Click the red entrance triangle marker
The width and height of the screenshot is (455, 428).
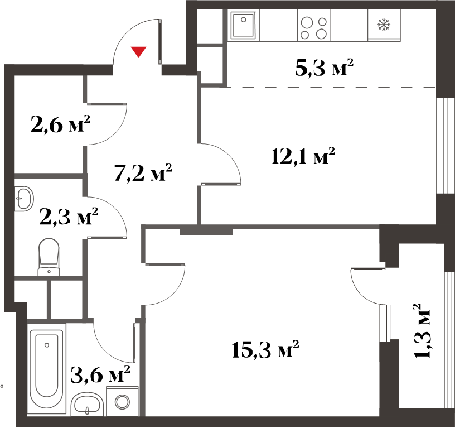(138, 52)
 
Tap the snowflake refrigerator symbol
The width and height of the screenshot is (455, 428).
(384, 25)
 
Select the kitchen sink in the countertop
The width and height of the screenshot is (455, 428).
(244, 25)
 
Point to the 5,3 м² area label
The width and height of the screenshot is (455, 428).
(324, 68)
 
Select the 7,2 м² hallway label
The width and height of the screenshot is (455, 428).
(143, 172)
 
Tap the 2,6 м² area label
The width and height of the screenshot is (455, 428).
(60, 124)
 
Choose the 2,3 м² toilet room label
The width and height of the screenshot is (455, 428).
(69, 216)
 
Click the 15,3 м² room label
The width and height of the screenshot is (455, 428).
(265, 350)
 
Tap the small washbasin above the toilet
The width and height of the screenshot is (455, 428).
(25, 199)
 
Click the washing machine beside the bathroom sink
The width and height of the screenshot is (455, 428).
(122, 402)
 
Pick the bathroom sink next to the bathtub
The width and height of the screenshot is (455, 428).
(87, 403)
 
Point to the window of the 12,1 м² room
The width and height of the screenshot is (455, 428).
(446, 145)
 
